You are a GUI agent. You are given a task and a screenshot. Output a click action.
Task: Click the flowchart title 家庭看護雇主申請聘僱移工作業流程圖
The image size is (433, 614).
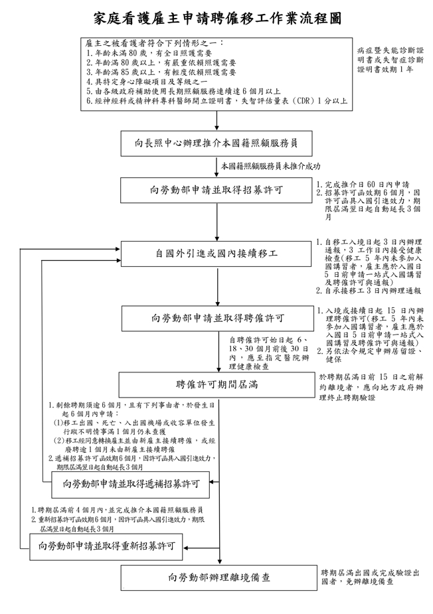click(x=217, y=19)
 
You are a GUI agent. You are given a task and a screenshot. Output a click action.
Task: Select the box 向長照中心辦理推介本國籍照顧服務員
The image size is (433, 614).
click(x=217, y=143)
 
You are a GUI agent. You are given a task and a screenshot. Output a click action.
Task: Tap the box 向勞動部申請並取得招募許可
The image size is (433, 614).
click(x=217, y=191)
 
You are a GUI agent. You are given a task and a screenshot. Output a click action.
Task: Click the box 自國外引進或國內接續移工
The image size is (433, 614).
click(x=217, y=254)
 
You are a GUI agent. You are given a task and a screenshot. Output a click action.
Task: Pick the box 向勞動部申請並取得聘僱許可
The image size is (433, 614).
click(x=217, y=319)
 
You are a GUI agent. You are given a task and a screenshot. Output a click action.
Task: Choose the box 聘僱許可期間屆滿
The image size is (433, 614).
click(x=217, y=384)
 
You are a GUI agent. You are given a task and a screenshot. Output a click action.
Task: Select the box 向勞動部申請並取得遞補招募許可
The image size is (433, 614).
click(x=131, y=485)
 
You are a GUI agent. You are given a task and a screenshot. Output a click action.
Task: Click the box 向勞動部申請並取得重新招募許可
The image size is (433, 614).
click(x=106, y=546)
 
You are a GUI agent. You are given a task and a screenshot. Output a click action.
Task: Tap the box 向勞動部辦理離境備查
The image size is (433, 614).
click(x=218, y=577)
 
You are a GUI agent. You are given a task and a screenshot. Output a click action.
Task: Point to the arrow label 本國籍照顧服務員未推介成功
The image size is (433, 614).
click(x=271, y=166)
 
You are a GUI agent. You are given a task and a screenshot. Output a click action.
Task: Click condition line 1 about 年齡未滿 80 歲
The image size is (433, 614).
click(x=149, y=53)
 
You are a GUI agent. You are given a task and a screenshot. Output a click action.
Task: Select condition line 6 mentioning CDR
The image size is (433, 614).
click(x=217, y=101)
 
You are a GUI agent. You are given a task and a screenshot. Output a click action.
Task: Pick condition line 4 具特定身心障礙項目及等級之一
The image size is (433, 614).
click(x=147, y=82)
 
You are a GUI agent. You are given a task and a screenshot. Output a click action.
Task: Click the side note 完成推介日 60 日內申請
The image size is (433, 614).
click(x=363, y=184)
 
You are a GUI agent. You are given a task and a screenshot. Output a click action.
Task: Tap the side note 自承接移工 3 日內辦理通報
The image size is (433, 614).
click(x=369, y=291)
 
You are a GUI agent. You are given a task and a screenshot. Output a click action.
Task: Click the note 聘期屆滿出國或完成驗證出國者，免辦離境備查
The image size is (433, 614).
click(x=370, y=577)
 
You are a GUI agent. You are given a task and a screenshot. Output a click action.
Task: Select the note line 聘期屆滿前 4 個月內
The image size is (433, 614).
click(x=117, y=510)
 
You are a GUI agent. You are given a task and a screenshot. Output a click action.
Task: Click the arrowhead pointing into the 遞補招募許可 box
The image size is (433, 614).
click(x=213, y=482)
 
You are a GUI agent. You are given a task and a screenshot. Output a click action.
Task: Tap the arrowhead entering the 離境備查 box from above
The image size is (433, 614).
click(x=219, y=562)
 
